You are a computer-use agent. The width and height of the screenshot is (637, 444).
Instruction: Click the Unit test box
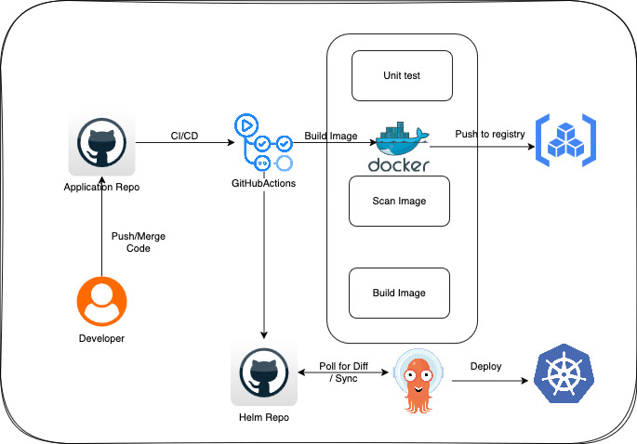(x=401, y=75)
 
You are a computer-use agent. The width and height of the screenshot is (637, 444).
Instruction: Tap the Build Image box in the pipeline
(x=399, y=294)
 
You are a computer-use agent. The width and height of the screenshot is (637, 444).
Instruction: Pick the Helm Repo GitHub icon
(x=264, y=375)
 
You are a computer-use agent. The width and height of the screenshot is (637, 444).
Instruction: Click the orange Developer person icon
(x=101, y=302)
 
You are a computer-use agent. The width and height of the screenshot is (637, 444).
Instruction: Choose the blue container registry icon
(x=564, y=141)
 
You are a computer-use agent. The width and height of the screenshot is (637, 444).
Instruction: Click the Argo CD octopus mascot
(x=417, y=380)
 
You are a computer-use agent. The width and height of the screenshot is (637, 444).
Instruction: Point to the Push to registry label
(x=489, y=134)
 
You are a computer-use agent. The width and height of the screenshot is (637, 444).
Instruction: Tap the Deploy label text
(x=485, y=366)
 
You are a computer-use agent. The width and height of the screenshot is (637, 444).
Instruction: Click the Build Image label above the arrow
(x=331, y=137)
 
